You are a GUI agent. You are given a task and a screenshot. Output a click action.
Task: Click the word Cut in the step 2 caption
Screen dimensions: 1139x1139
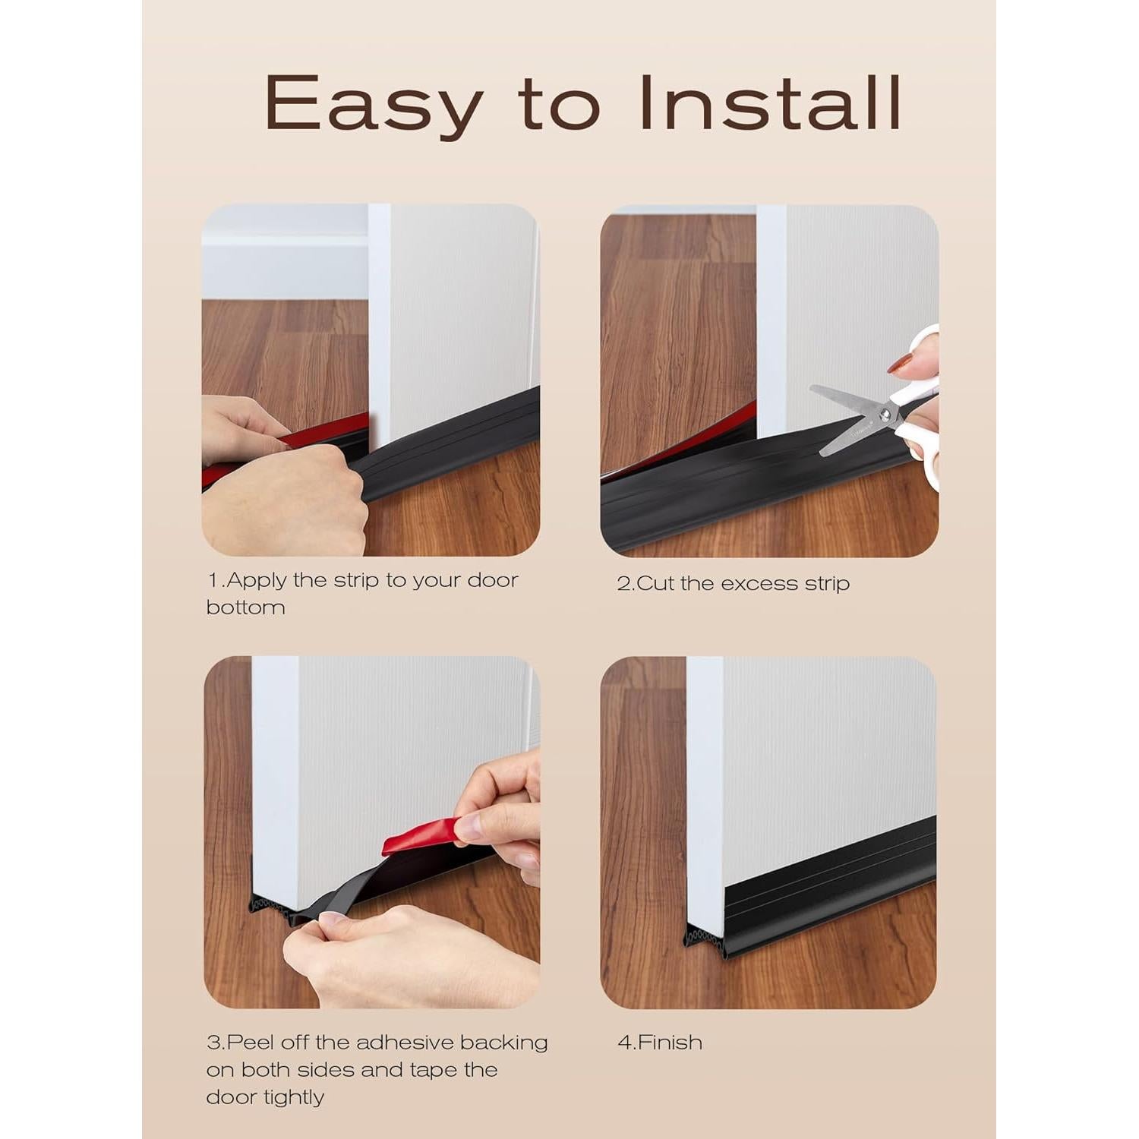tap(656, 583)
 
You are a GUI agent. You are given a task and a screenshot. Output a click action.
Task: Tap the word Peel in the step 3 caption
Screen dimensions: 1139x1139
tap(247, 1042)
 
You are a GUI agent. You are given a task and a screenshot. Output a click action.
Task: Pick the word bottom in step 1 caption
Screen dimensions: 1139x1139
tap(245, 607)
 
